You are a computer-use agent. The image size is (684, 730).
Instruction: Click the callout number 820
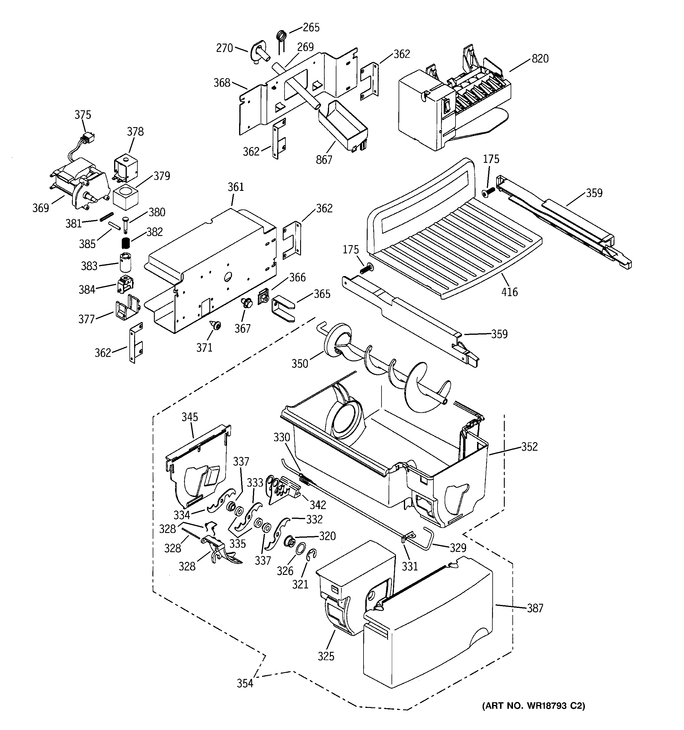pos(540,59)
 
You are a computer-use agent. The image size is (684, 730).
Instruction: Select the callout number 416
pos(509,292)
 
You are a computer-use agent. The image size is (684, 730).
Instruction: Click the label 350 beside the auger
pos(300,364)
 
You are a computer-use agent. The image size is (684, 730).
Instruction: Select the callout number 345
pos(190,417)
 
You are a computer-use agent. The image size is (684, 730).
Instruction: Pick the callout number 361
pos(236,187)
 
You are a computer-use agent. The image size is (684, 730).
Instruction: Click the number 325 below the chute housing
pos(326,656)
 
